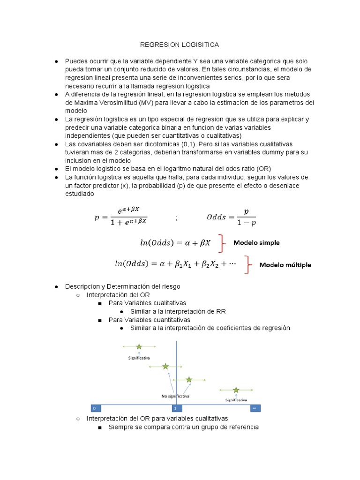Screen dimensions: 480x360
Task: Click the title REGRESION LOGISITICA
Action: click(180, 45)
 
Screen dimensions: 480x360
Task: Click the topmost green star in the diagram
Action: click(139, 347)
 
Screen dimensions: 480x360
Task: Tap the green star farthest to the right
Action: click(236, 390)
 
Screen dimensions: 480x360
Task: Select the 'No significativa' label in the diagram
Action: click(175, 396)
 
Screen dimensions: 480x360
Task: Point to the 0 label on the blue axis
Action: click(94, 408)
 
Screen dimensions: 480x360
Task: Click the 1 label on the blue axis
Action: click(175, 408)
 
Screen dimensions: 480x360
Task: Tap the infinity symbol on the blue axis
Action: click(254, 408)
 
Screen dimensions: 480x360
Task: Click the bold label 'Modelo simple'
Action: click(256, 243)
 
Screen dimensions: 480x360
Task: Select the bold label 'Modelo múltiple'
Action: click(285, 265)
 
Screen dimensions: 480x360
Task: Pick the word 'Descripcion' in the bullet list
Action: click(82, 286)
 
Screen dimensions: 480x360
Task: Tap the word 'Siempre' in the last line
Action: click(120, 427)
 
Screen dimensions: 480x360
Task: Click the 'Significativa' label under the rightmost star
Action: click(236, 400)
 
